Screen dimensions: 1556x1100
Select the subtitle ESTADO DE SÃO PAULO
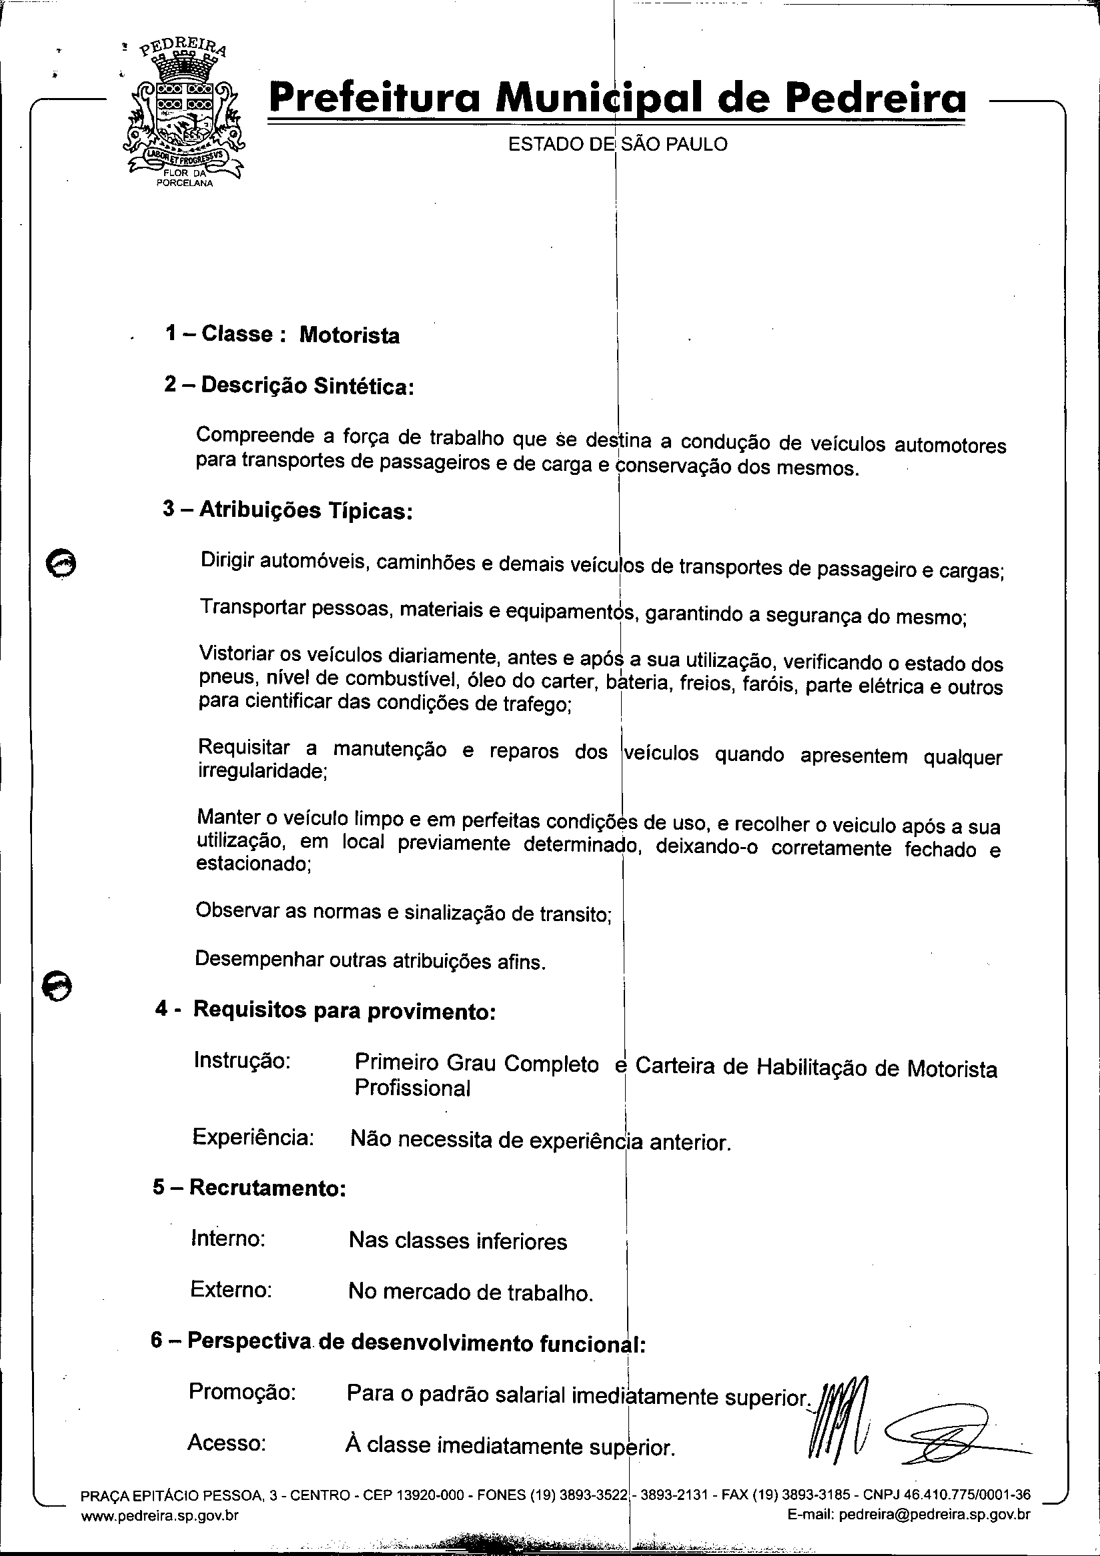coord(618,144)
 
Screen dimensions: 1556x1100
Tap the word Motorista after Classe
coord(349,335)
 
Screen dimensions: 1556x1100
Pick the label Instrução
coord(242,1060)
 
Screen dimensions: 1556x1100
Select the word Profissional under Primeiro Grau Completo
coord(412,1088)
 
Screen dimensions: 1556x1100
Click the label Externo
coord(231,1289)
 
